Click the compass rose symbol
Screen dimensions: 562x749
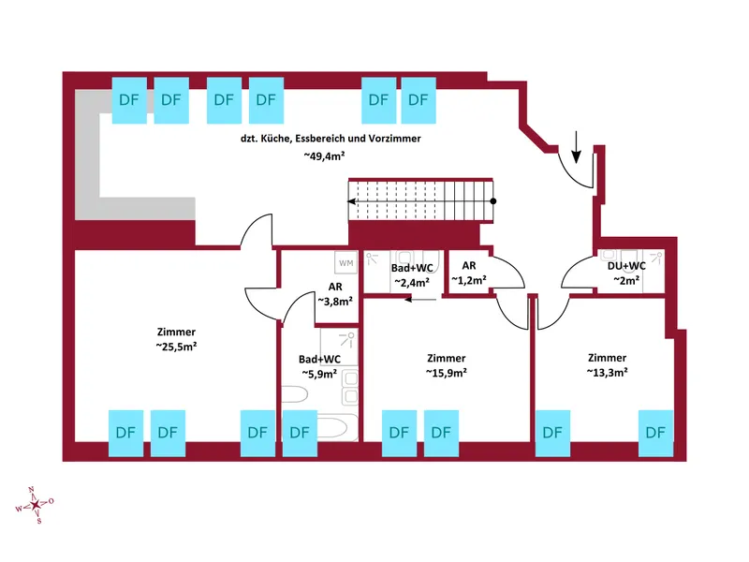(x=36, y=506)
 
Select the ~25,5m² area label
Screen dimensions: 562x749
(x=177, y=347)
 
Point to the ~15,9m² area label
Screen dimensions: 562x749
(x=446, y=373)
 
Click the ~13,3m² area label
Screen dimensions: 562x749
(x=607, y=372)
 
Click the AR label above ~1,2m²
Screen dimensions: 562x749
(x=469, y=265)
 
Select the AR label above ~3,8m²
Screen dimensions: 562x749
(x=335, y=287)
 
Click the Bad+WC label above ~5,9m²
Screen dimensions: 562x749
(x=319, y=359)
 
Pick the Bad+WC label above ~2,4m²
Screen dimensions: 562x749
(x=410, y=267)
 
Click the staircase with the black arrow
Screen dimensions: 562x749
(x=420, y=201)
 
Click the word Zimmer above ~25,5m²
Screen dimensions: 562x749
(x=177, y=332)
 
